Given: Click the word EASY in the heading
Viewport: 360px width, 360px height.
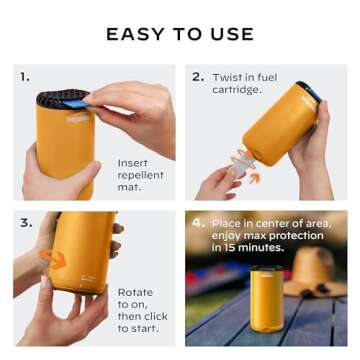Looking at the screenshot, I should (135, 34).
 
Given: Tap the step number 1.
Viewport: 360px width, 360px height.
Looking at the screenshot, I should (24, 75).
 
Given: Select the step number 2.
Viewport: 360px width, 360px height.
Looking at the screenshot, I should (197, 75).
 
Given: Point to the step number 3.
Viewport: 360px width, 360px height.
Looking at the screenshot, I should (24, 222).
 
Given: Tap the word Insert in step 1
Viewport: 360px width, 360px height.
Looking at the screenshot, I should (134, 162).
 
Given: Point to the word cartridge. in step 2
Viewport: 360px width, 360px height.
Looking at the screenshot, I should (236, 89).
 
